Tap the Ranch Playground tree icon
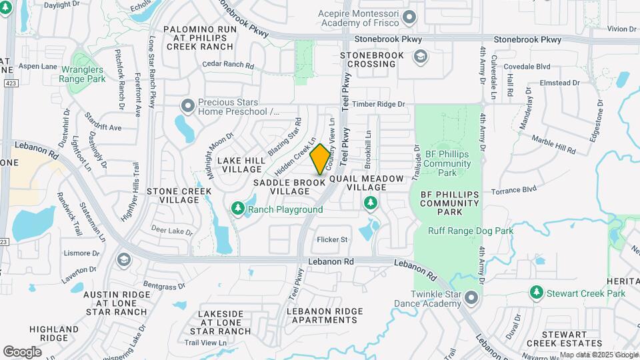coord(238,209)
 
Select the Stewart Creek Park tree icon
coord(537,293)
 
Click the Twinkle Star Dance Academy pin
coord(472,297)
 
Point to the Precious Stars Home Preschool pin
coord(187,105)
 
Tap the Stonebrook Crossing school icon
coord(420,56)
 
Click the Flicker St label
coord(333,239)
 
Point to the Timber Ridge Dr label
coord(379,104)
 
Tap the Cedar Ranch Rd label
coord(229,66)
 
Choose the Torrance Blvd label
coord(513,190)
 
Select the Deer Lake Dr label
coord(171,230)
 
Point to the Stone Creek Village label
coord(179,195)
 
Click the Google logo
coord(22,351)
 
